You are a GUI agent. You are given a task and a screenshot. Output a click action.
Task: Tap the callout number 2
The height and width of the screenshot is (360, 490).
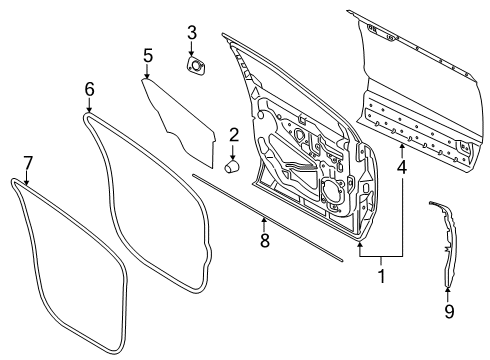click(x=233, y=135)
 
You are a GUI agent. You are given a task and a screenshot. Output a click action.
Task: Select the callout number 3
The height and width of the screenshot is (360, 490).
click(x=192, y=36)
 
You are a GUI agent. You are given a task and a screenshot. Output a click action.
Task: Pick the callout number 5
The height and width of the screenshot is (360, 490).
click(x=147, y=55)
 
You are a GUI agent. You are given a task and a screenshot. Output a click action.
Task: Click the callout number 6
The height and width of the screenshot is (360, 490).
click(x=89, y=90)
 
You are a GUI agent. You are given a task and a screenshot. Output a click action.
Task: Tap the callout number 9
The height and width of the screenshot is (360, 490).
click(x=448, y=312)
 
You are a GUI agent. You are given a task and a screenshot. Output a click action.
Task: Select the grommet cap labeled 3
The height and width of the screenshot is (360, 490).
click(x=194, y=66)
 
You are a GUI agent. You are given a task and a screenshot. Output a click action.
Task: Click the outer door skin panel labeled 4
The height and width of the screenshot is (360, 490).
click(x=420, y=90)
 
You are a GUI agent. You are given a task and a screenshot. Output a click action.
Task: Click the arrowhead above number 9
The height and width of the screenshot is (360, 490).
click(x=447, y=290)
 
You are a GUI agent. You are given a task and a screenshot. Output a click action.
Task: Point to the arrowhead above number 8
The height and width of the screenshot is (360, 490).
click(x=264, y=219)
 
